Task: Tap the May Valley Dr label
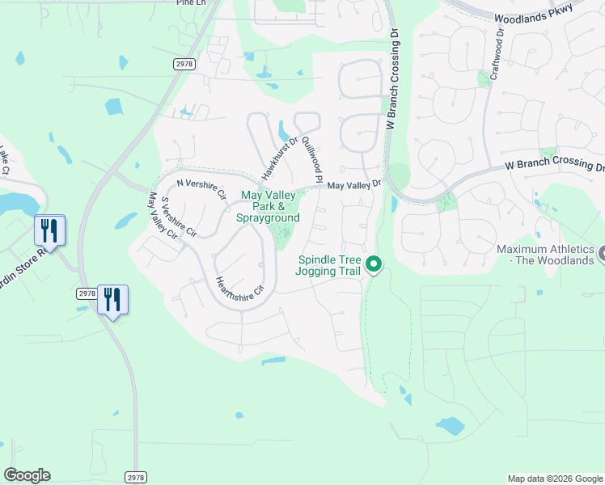click(x=353, y=185)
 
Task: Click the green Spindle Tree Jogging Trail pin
click(x=374, y=264)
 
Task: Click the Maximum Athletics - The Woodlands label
click(x=545, y=255)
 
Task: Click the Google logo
click(x=27, y=475)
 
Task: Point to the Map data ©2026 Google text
click(x=555, y=479)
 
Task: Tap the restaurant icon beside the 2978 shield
click(x=112, y=300)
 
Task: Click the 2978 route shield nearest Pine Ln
click(x=184, y=63)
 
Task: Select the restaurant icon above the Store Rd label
click(x=49, y=230)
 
